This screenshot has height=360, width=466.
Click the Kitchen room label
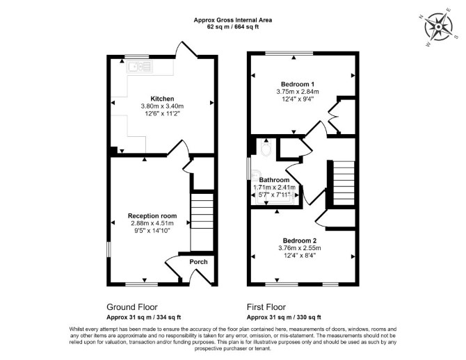[x=162, y=99]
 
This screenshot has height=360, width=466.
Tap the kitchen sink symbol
[x=139, y=67]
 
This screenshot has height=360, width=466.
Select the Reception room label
[x=152, y=215]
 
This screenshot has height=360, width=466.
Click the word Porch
[x=198, y=262]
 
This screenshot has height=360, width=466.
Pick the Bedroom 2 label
[x=300, y=240]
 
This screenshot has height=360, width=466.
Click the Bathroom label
[x=274, y=180]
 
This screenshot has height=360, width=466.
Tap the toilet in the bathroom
[x=266, y=147]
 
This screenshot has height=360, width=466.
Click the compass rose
[x=438, y=27]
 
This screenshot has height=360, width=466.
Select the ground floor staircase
[x=202, y=222]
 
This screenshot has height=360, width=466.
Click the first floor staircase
[x=344, y=183]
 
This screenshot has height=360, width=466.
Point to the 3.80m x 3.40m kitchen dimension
[x=162, y=106]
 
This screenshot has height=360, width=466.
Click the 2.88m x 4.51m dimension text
[x=152, y=223]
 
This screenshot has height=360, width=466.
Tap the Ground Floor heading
[x=132, y=306]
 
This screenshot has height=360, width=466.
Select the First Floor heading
[x=266, y=306]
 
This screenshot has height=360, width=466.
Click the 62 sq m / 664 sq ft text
[x=233, y=26]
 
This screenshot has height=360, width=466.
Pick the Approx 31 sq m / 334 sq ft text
[x=143, y=317]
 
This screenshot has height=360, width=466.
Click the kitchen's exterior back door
[x=186, y=49]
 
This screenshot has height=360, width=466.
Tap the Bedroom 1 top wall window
[x=289, y=54]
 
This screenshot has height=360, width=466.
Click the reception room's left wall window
[x=109, y=249]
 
